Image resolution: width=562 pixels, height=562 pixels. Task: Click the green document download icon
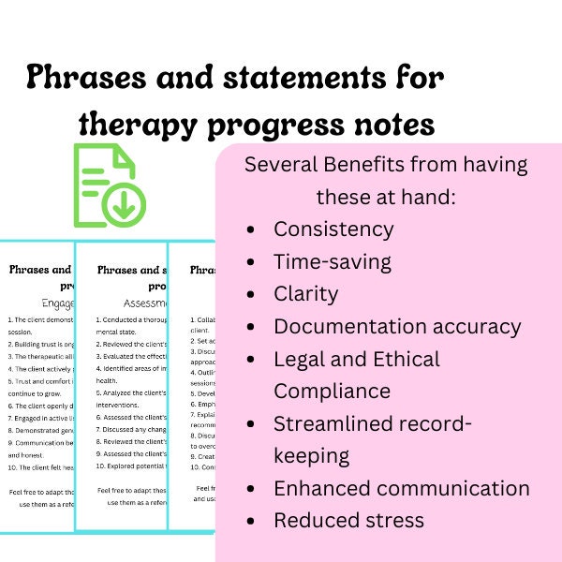(108, 185)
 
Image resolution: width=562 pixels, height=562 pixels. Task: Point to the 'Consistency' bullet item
(333, 229)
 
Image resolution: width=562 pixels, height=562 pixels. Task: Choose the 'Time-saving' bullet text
(333, 262)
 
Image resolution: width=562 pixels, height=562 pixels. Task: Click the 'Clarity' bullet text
(305, 294)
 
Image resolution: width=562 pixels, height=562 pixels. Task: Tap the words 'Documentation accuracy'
(397, 327)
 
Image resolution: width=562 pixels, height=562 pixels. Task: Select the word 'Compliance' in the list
(332, 391)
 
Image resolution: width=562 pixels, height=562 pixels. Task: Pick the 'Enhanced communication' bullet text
(401, 488)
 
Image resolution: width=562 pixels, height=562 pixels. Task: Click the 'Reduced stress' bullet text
(348, 520)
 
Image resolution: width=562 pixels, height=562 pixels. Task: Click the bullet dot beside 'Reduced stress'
(250, 521)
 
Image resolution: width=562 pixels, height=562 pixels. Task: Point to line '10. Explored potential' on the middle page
(132, 466)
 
